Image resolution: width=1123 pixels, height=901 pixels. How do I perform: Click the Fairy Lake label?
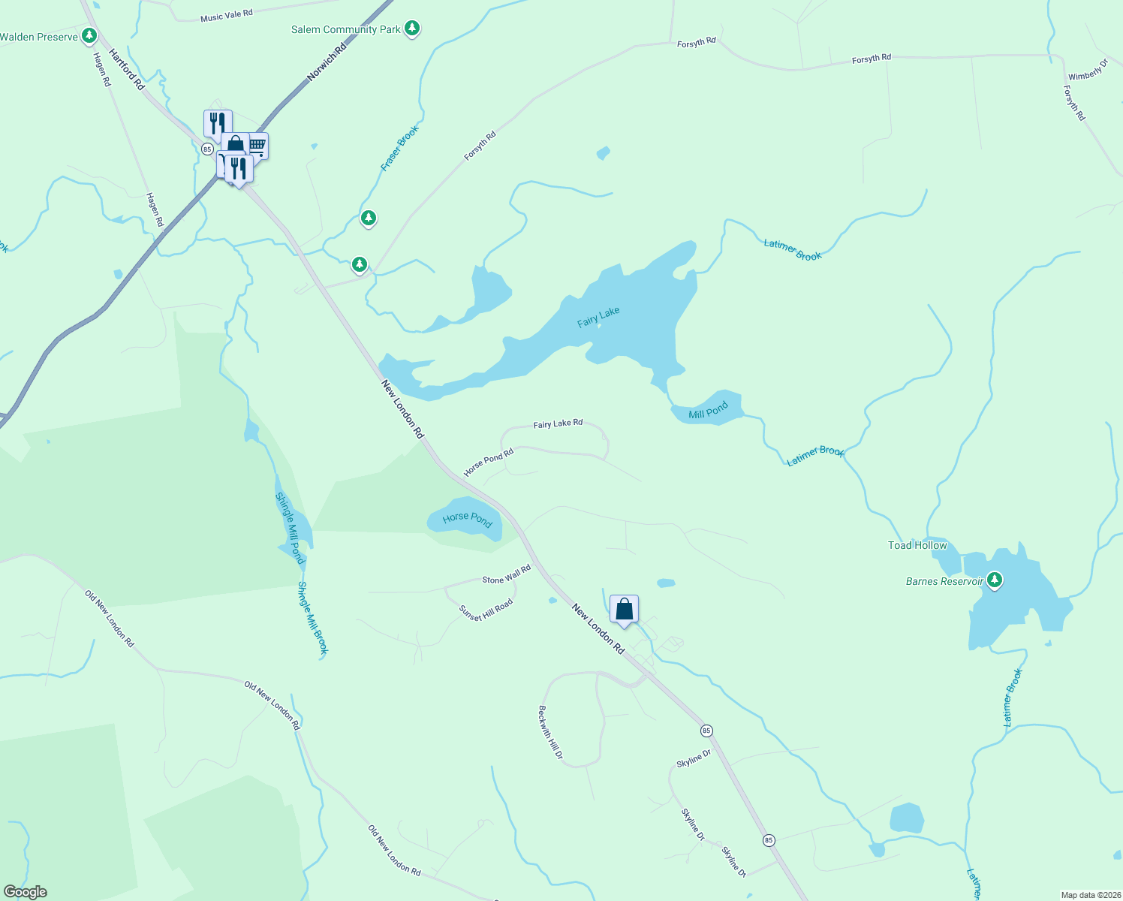click(598, 317)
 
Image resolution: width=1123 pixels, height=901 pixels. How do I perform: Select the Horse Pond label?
click(467, 518)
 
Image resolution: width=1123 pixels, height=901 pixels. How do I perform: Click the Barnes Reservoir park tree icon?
click(995, 580)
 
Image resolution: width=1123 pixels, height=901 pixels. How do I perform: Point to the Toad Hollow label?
click(917, 545)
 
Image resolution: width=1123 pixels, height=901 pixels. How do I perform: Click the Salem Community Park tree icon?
click(411, 29)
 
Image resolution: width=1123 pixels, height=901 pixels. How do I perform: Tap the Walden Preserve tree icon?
click(89, 35)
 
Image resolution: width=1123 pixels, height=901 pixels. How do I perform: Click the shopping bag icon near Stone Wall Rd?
click(624, 609)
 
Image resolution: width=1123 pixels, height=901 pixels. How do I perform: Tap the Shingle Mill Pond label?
click(290, 528)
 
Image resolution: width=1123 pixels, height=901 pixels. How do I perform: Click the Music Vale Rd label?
click(227, 16)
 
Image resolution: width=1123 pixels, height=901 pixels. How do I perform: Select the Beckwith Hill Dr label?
click(550, 731)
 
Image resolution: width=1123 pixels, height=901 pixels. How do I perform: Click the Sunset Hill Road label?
click(486, 609)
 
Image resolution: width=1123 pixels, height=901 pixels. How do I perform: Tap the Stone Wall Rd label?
click(506, 575)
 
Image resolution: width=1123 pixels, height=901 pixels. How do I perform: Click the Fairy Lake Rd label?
click(558, 424)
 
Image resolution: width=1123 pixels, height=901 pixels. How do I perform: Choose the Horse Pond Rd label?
click(488, 462)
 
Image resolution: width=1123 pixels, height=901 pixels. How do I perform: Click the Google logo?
click(26, 892)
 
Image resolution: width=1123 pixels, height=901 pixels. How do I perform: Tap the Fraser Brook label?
click(399, 148)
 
